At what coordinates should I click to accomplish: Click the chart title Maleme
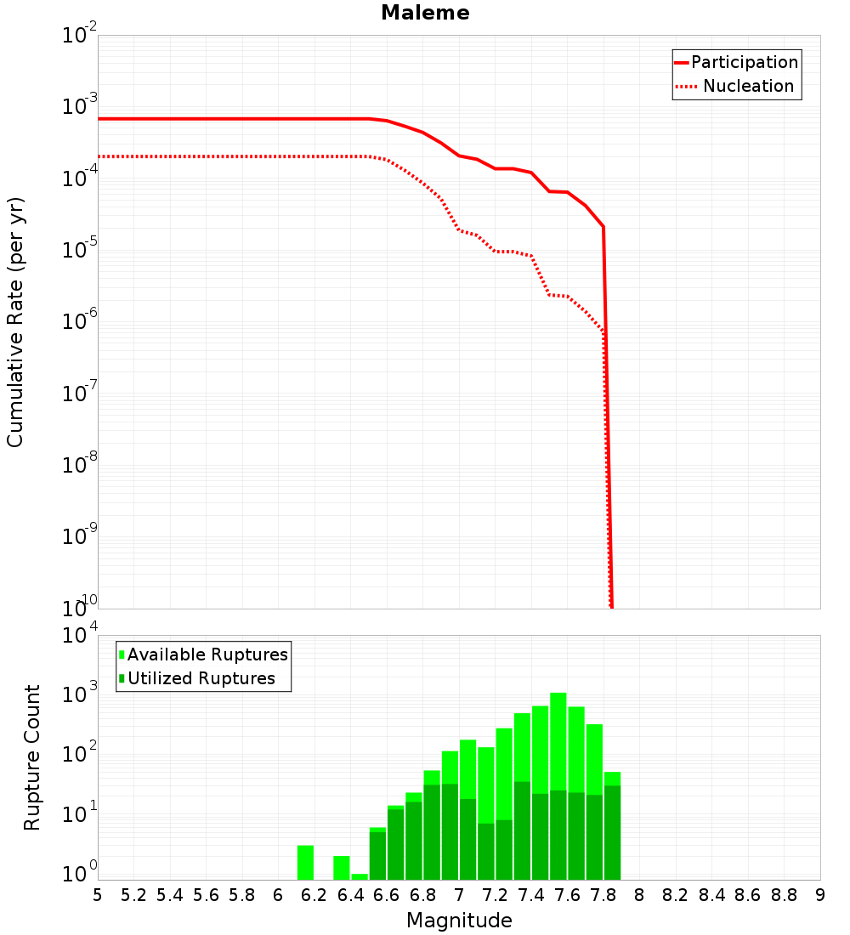tap(425, 13)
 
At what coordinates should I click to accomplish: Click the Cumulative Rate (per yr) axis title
tap(15, 321)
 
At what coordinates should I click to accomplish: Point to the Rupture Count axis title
tap(32, 756)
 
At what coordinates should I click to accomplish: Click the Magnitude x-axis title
tap(459, 921)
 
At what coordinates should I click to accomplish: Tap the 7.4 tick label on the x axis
tap(531, 894)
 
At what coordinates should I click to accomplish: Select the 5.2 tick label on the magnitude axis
tap(133, 894)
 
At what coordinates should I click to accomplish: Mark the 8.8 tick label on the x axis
tap(784, 894)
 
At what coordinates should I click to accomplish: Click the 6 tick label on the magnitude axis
tap(278, 894)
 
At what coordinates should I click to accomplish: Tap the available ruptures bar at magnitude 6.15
tap(306, 863)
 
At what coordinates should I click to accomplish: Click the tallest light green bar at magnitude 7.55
tap(558, 739)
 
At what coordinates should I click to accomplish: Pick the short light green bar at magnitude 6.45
tap(360, 876)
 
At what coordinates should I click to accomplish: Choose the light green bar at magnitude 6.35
tap(342, 868)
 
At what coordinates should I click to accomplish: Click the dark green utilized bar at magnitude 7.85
tap(612, 833)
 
